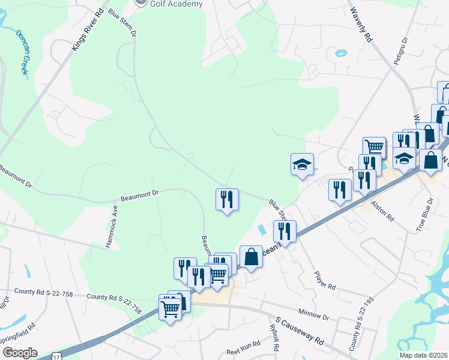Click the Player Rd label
tap(324, 279)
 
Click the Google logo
tap(19, 353)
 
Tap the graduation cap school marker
tap(302, 163)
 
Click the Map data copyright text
tap(424, 355)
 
